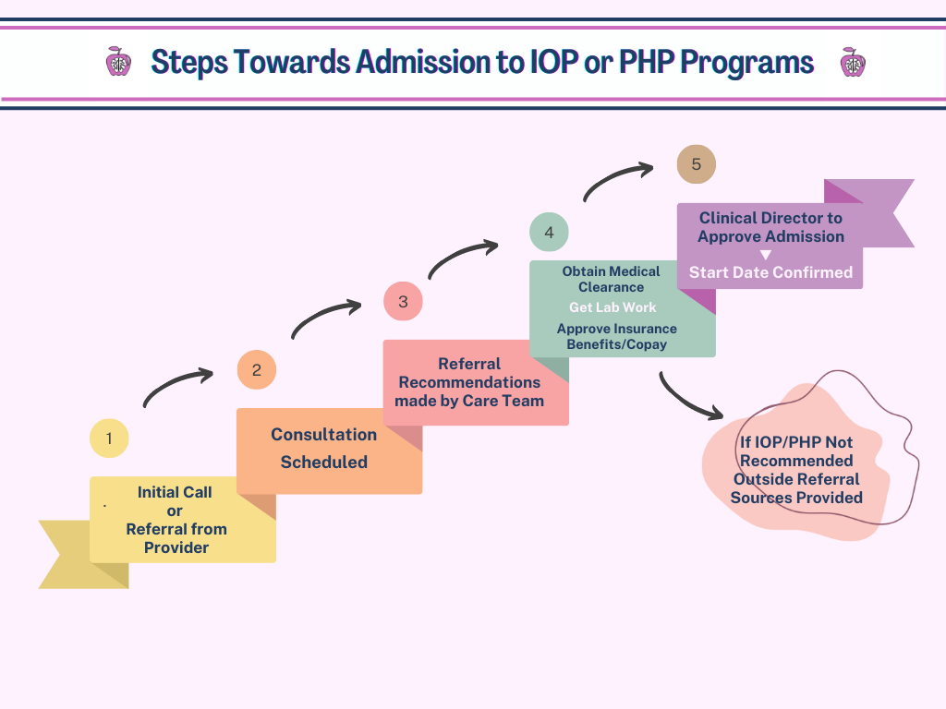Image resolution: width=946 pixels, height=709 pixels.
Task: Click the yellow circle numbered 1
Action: click(109, 439)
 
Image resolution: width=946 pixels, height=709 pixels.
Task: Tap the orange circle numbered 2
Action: click(257, 370)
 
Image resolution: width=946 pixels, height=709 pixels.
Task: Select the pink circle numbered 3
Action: click(403, 302)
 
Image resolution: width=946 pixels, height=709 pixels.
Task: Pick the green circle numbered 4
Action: click(549, 232)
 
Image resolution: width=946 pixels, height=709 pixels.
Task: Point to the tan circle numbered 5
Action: click(696, 164)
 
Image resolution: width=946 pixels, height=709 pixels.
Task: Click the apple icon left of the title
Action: click(118, 62)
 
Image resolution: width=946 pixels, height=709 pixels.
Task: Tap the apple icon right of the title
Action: click(852, 62)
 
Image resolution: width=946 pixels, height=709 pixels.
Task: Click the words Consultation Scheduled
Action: click(323, 449)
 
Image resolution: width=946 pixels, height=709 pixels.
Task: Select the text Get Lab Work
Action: click(612, 307)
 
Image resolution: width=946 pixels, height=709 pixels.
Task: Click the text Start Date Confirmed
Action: click(770, 272)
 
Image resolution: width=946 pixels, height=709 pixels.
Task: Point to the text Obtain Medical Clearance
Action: click(612, 279)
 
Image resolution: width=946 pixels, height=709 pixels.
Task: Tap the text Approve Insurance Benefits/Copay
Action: click(617, 337)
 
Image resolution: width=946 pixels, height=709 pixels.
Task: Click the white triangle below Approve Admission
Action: click(765, 255)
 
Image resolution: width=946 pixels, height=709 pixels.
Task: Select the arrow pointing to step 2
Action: click(177, 387)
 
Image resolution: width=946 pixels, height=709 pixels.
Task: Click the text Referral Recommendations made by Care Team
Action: click(469, 382)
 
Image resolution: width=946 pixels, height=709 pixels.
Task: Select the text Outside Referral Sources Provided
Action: click(796, 488)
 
